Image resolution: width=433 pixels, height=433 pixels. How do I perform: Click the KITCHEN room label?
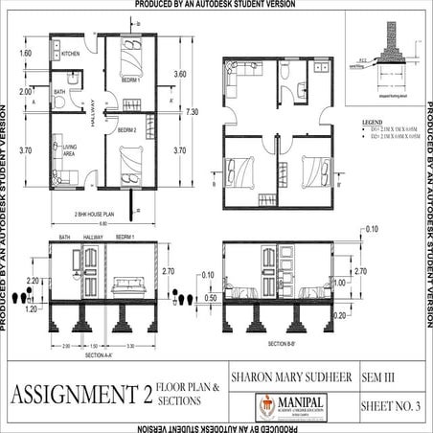point(71,55)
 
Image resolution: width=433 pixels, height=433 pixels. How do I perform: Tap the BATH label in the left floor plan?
point(59,92)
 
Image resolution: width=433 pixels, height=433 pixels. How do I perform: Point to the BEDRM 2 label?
point(126,129)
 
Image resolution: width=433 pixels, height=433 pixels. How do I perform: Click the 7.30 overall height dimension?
point(192,112)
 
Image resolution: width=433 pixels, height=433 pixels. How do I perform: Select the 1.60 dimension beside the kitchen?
point(26,54)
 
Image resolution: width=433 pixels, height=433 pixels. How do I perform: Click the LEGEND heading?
point(371,124)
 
